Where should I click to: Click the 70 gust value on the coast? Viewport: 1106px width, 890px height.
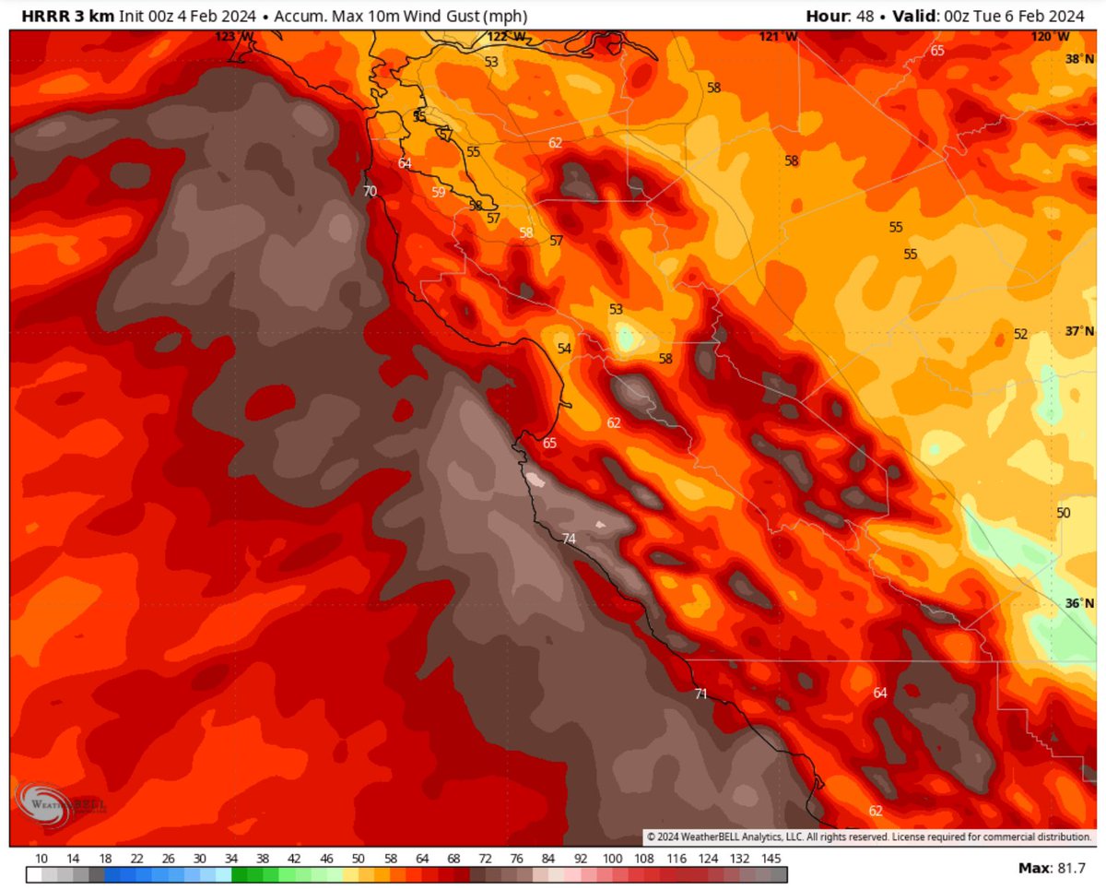370,192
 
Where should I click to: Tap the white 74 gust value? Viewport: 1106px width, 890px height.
569,539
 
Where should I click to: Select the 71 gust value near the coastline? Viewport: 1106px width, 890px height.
700,694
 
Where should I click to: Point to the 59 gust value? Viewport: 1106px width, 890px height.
438,193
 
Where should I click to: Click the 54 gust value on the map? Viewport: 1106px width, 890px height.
564,349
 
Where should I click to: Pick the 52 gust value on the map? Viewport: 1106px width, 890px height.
1020,334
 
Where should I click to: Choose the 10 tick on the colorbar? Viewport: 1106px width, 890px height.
41,857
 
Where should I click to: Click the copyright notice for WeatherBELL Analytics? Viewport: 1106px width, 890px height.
867,837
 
